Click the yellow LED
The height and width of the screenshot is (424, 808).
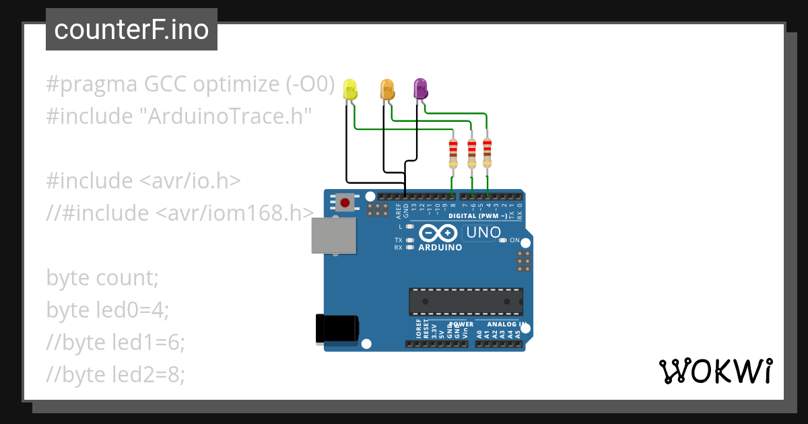click(349, 90)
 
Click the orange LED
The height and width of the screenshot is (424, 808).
click(387, 89)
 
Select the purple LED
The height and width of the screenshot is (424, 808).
click(420, 89)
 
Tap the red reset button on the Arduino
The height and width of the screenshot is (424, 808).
click(345, 201)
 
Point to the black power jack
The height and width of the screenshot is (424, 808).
click(337, 328)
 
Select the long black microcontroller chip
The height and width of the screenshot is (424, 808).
click(465, 302)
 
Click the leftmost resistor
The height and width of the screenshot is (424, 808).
click(453, 153)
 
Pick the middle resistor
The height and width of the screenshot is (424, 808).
click(471, 153)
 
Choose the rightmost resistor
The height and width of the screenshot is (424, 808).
click(487, 152)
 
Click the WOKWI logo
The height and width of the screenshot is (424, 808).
click(715, 371)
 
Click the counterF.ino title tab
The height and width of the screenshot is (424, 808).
click(131, 30)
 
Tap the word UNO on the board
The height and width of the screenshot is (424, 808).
click(481, 233)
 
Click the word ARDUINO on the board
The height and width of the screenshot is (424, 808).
click(440, 247)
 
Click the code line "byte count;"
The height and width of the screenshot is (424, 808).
click(102, 277)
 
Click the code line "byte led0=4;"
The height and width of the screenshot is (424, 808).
click(108, 310)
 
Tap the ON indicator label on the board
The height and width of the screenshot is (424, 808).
click(514, 240)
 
